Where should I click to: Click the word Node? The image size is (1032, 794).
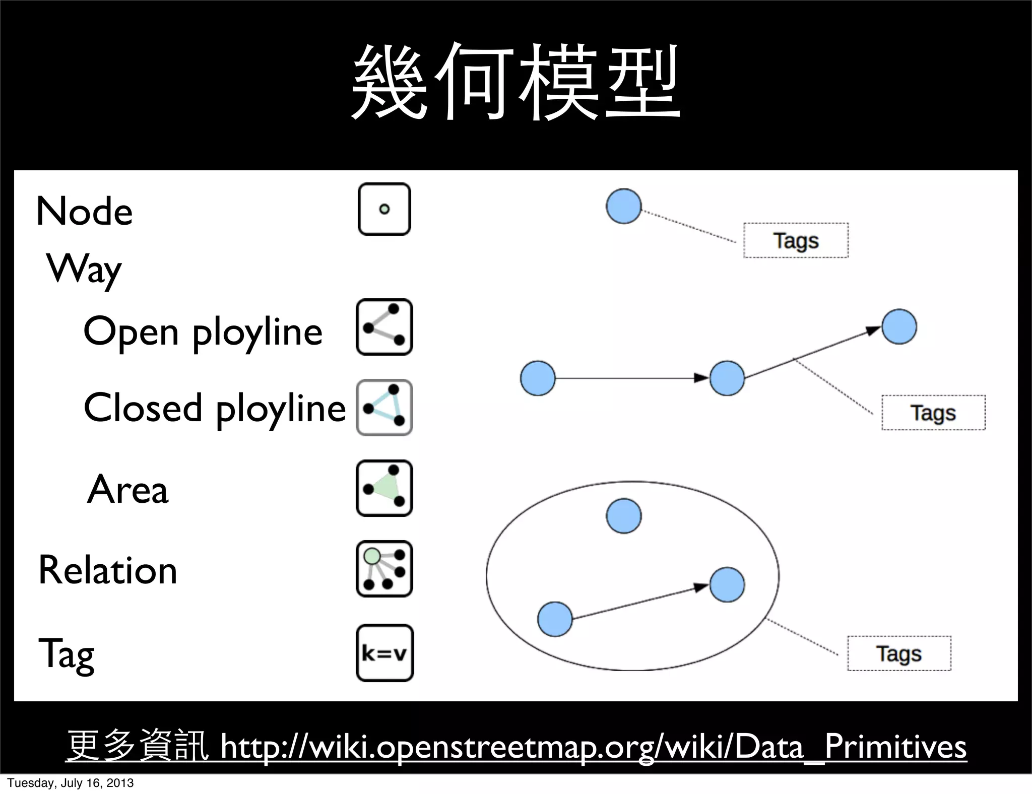(x=85, y=211)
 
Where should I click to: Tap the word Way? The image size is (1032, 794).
(x=84, y=269)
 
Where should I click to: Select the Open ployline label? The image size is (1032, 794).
(x=203, y=332)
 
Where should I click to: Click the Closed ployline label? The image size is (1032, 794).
(x=215, y=408)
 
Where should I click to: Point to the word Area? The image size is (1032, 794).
(x=127, y=489)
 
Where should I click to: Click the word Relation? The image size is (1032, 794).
(x=108, y=570)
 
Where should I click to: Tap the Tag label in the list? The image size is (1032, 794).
(x=67, y=653)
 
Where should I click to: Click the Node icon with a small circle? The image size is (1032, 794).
(x=384, y=209)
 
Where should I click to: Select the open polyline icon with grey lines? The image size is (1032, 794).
(x=384, y=327)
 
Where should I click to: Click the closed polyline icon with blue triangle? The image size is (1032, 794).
(x=384, y=408)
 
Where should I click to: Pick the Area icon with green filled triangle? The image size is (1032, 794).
(x=384, y=488)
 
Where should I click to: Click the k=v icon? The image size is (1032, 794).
(x=384, y=653)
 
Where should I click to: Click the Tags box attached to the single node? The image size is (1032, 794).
(x=796, y=240)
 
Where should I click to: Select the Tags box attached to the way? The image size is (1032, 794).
(x=933, y=413)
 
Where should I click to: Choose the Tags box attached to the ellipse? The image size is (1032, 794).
(x=899, y=653)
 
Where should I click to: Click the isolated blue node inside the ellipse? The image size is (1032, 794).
(x=624, y=516)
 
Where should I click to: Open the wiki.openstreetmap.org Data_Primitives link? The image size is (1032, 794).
(x=593, y=747)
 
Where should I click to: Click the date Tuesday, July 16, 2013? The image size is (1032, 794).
(x=71, y=783)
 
